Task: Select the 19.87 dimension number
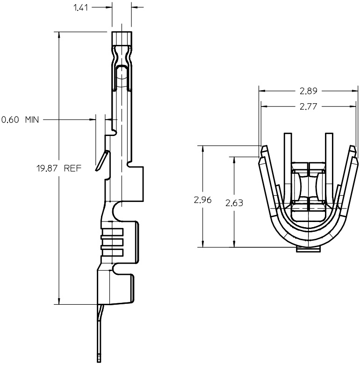(x=48, y=168)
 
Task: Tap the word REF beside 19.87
(x=73, y=168)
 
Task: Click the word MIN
(x=31, y=120)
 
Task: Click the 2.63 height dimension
(x=234, y=203)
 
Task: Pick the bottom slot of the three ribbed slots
(x=112, y=252)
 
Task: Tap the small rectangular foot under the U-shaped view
(x=309, y=250)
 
